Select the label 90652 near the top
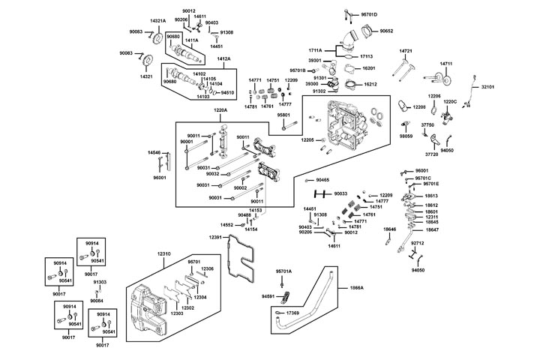[386, 31]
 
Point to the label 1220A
[220, 110]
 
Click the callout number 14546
[154, 152]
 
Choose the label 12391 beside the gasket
[216, 237]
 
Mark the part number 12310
[164, 253]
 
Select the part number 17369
[292, 312]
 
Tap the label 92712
[418, 243]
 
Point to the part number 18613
[431, 196]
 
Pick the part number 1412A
[223, 58]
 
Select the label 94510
[227, 92]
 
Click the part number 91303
[100, 282]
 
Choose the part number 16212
[370, 85]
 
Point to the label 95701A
[283, 271]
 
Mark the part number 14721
[406, 51]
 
